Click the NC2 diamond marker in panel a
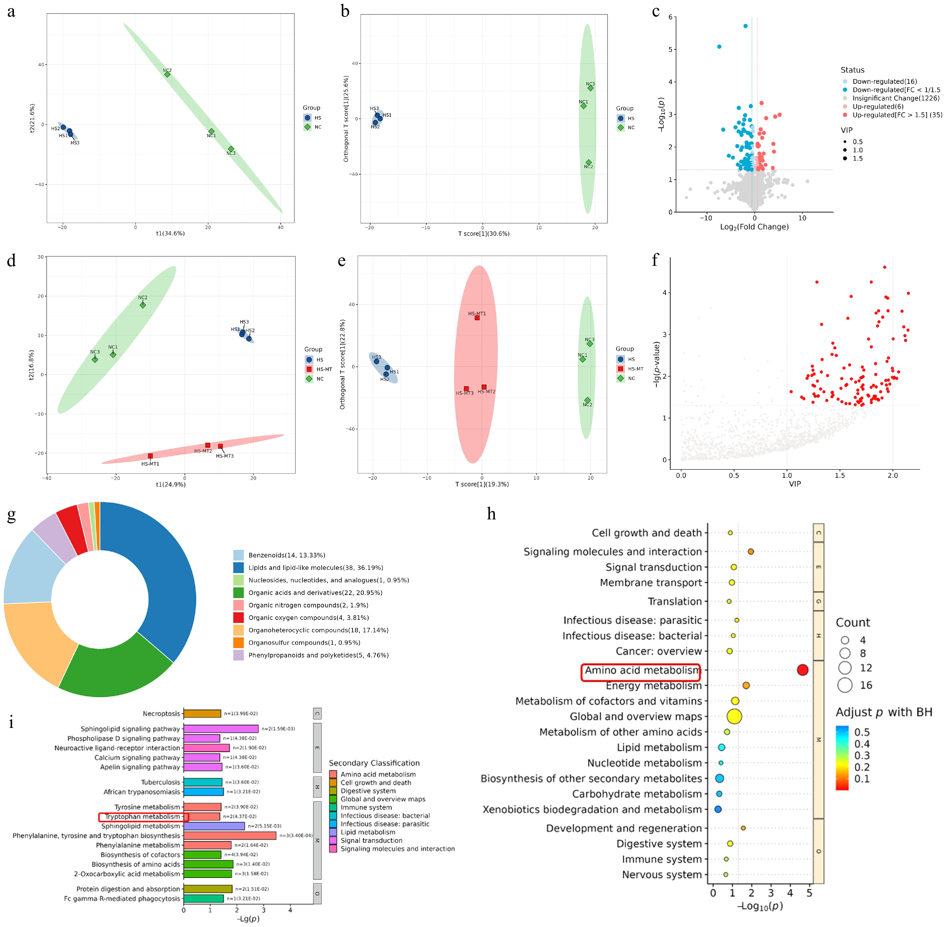167,74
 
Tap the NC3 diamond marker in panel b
590,88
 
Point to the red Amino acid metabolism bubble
802,670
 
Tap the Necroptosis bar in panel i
202,714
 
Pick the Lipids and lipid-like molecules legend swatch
238,568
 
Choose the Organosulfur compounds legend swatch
238,643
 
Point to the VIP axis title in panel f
795,484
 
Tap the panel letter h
491,514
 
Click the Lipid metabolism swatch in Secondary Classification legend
333,832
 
